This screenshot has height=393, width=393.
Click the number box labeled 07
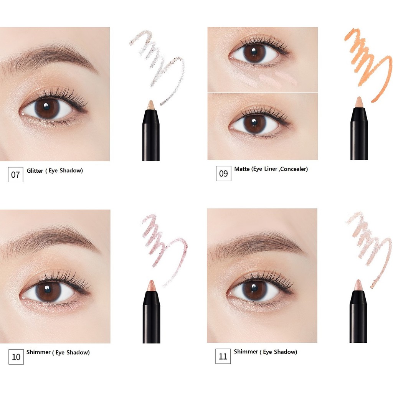pyautogui.click(x=15, y=175)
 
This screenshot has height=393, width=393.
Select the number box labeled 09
pyautogui.click(x=223, y=173)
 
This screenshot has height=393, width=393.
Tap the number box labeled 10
pyautogui.click(x=16, y=357)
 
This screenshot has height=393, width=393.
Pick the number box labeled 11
pyautogui.click(x=223, y=356)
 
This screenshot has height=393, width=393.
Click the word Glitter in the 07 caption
pyautogui.click(x=35, y=170)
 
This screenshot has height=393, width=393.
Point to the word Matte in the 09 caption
pyautogui.click(x=242, y=169)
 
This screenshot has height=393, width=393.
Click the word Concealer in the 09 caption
pyautogui.click(x=293, y=169)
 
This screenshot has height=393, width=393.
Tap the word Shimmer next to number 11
pyautogui.click(x=246, y=352)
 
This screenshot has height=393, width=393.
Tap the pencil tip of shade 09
pyautogui.click(x=359, y=102)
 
